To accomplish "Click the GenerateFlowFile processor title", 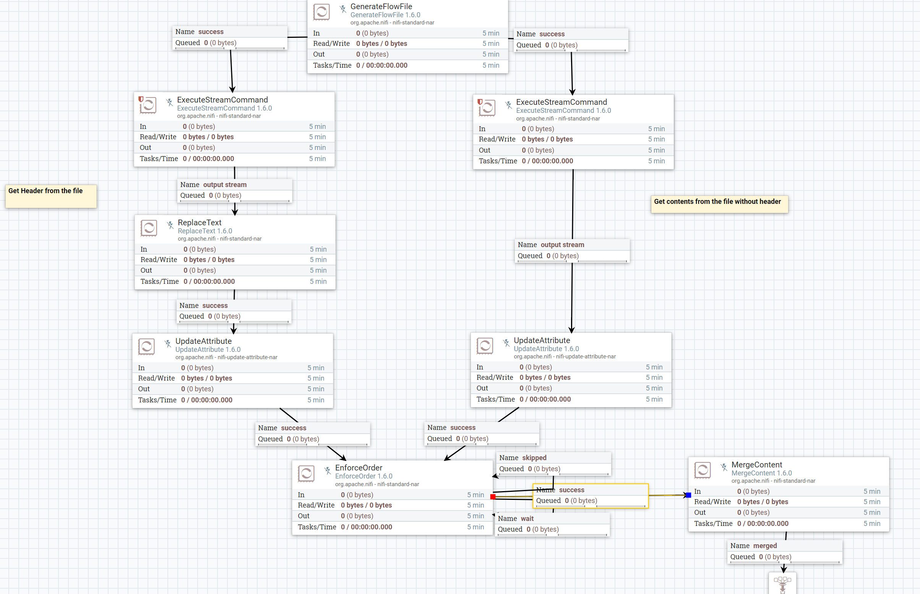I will (x=381, y=7).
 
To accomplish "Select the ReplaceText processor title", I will (x=199, y=223).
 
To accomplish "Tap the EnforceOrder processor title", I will (x=359, y=468).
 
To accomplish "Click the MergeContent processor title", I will (x=756, y=465).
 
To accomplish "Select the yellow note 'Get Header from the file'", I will (x=51, y=196).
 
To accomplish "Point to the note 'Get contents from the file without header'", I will (x=719, y=203).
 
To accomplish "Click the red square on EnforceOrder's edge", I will (x=493, y=497).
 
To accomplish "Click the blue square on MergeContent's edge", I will (x=688, y=495).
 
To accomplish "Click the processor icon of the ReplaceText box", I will (x=149, y=228).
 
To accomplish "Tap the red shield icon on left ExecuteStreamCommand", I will (x=141, y=99).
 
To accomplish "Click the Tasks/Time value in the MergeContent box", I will (x=763, y=523).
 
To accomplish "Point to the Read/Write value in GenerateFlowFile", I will (x=381, y=44).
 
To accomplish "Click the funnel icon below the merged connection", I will (x=782, y=584).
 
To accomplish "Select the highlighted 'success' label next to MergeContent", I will (x=590, y=495).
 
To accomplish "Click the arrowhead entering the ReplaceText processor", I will (x=235, y=212).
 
